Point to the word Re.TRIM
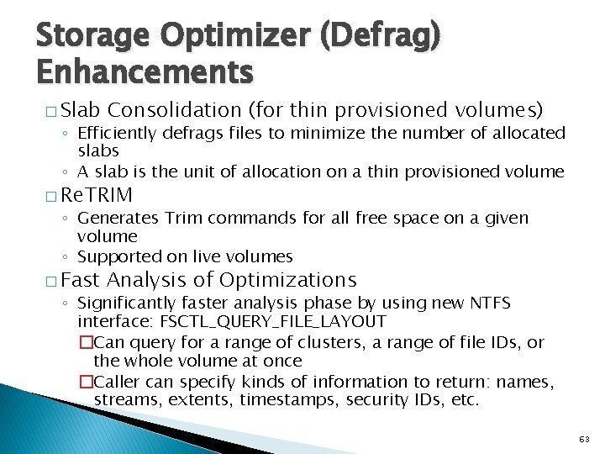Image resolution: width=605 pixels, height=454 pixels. coord(97,196)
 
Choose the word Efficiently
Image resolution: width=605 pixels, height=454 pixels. coord(121,133)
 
